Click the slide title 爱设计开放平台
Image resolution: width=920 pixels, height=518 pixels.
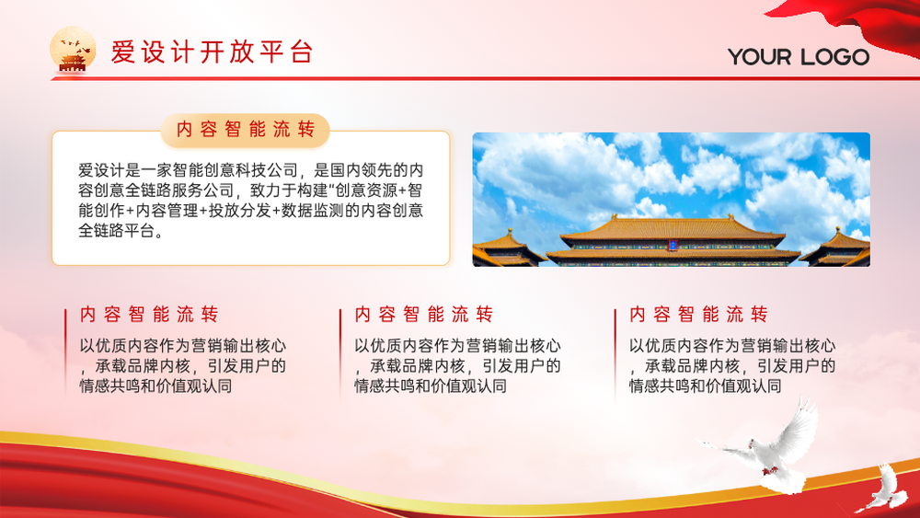pyautogui.click(x=212, y=52)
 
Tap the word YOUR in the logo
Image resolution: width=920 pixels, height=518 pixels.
pyautogui.click(x=759, y=57)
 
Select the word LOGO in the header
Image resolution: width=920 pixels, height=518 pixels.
pyautogui.click(x=834, y=57)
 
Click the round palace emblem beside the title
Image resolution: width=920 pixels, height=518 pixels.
pyautogui.click(x=73, y=50)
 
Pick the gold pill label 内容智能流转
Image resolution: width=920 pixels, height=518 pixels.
pyautogui.click(x=246, y=130)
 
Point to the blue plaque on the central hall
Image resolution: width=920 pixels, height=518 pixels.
pyautogui.click(x=673, y=244)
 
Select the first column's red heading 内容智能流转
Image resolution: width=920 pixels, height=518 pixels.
pyautogui.click(x=149, y=315)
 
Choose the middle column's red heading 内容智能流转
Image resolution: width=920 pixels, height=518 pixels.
pyautogui.click(x=423, y=315)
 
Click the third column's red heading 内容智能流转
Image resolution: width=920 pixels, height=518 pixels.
pyautogui.click(x=698, y=315)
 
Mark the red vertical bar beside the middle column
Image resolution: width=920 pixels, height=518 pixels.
pyautogui.click(x=340, y=351)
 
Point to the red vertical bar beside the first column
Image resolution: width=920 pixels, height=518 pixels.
pyautogui.click(x=65, y=351)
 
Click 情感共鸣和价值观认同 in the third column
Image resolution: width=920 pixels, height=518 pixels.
pyautogui.click(x=706, y=386)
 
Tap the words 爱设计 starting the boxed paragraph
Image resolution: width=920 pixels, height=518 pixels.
pyautogui.click(x=101, y=170)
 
